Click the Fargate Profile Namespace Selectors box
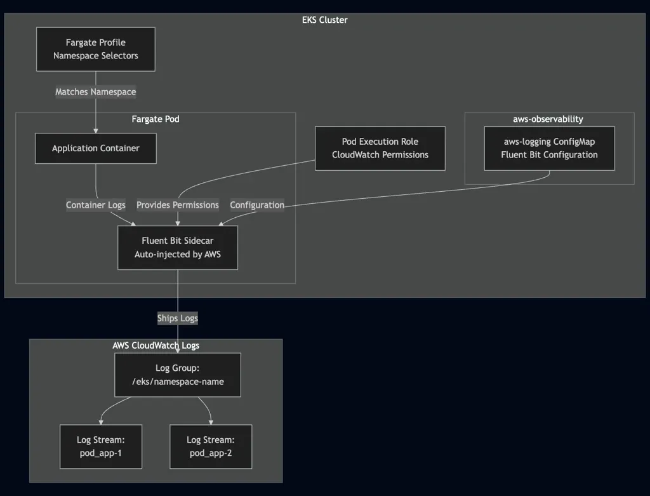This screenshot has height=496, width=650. point(95,49)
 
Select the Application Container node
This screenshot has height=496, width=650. point(95,148)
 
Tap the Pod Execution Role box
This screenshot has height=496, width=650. point(380,148)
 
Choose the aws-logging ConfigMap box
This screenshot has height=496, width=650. point(549,148)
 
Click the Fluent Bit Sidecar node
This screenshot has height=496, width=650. point(178,248)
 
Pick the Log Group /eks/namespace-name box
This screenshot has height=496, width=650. point(178,375)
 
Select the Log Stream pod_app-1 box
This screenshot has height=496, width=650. point(101,446)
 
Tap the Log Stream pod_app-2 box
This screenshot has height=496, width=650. point(211,446)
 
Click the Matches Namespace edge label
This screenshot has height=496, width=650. point(95,92)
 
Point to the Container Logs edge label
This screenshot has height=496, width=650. point(96,205)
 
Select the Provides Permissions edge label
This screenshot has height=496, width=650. point(178,205)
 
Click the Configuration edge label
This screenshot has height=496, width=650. point(257,205)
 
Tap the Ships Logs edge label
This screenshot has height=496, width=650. point(178,318)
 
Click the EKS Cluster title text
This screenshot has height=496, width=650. point(324,20)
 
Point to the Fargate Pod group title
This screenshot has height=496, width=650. point(156,119)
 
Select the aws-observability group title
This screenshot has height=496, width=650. point(548,119)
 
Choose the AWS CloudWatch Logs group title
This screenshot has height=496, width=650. point(156,345)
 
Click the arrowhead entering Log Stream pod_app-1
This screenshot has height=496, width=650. point(101,422)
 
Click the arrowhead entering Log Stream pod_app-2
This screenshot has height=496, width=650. point(211,422)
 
